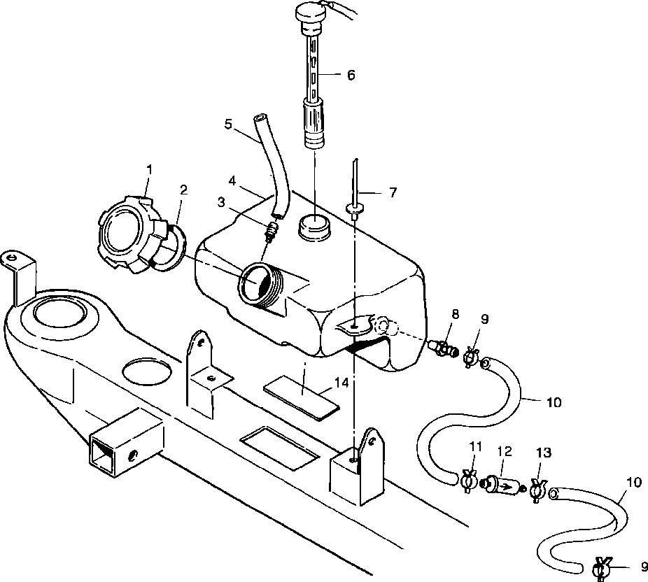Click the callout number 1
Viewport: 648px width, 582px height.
150,169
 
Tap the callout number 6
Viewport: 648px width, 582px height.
351,75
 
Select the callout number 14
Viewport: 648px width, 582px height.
342,383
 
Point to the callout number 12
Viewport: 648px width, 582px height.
504,451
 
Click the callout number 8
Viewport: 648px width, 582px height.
455,314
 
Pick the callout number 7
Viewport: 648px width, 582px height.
393,192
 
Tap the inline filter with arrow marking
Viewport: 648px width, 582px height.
501,485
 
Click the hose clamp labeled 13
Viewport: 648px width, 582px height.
537,491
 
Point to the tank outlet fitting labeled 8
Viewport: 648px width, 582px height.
444,348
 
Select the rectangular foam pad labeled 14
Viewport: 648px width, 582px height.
302,397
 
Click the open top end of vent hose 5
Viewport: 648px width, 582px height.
260,118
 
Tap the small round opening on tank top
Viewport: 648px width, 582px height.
314,227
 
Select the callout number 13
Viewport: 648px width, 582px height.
544,453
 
